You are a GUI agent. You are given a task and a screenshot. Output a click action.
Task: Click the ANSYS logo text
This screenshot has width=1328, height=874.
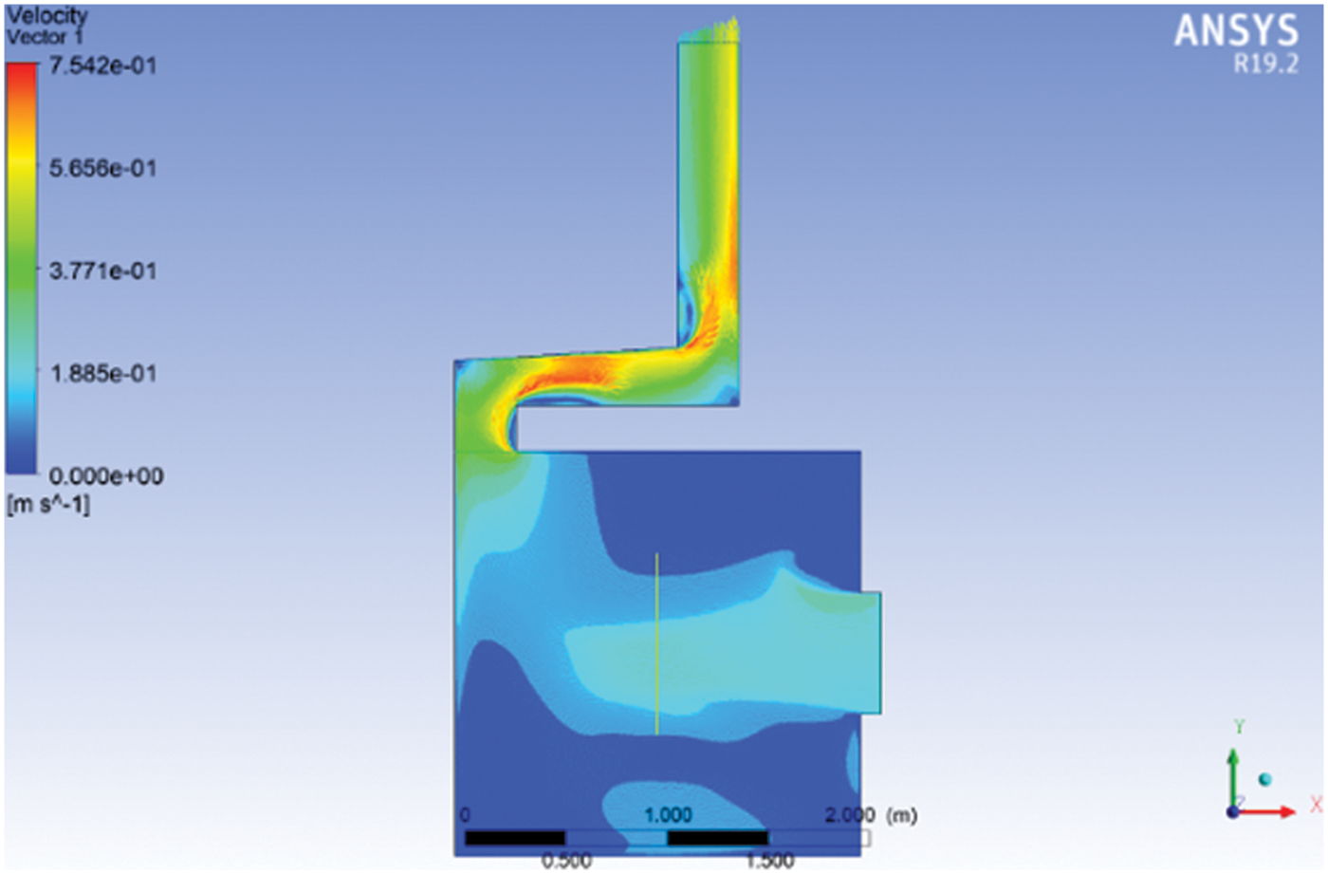point(1236,30)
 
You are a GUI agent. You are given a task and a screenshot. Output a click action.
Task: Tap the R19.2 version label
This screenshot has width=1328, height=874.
point(1265,64)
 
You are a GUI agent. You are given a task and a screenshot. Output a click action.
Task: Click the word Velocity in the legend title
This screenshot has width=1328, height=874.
point(46,15)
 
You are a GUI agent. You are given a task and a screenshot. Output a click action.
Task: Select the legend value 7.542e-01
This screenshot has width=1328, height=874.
point(103,65)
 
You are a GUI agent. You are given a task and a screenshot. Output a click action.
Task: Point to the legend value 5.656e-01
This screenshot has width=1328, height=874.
point(103,168)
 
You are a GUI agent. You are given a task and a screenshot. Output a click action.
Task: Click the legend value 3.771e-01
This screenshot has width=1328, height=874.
point(103,271)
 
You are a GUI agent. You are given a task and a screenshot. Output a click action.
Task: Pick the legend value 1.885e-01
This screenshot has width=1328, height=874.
point(103,374)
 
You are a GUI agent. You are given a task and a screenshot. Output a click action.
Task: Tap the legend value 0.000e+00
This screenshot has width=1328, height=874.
point(105,476)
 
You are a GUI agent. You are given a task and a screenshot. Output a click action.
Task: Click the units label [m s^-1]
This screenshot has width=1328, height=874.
point(48,505)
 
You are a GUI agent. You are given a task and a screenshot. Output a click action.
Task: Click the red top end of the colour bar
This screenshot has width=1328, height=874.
point(21,67)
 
